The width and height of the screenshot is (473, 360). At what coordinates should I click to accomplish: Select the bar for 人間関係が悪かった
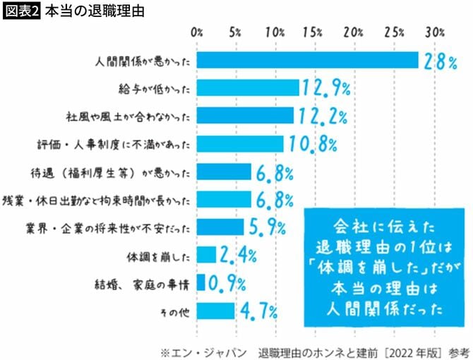pyautogui.click(x=307, y=60)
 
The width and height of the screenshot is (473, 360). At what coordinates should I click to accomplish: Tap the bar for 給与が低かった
pyautogui.click(x=248, y=88)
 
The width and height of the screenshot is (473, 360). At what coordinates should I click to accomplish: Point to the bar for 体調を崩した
pyautogui.click(x=206, y=254)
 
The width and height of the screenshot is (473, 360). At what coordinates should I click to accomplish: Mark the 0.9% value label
pyautogui.click(x=226, y=283)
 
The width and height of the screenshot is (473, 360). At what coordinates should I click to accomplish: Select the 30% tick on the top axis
pyautogui.click(x=433, y=33)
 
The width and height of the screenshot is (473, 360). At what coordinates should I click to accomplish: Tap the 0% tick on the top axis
pyautogui.click(x=197, y=33)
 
